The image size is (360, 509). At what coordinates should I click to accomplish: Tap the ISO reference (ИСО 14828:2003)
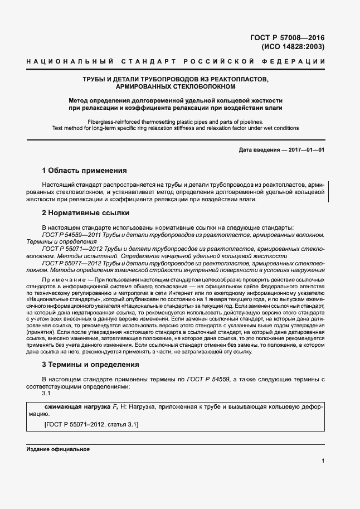pyautogui.click(x=293, y=47)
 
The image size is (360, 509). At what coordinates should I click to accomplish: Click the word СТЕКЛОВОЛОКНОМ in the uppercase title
pyautogui.click(x=202, y=87)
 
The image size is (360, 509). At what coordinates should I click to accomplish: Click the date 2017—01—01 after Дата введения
pyautogui.click(x=305, y=150)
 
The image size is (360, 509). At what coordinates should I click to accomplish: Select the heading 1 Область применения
pyautogui.click(x=84, y=171)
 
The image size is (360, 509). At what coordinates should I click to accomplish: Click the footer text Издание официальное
pyautogui.click(x=58, y=449)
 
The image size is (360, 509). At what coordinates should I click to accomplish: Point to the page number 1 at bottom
pyautogui.click(x=323, y=461)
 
